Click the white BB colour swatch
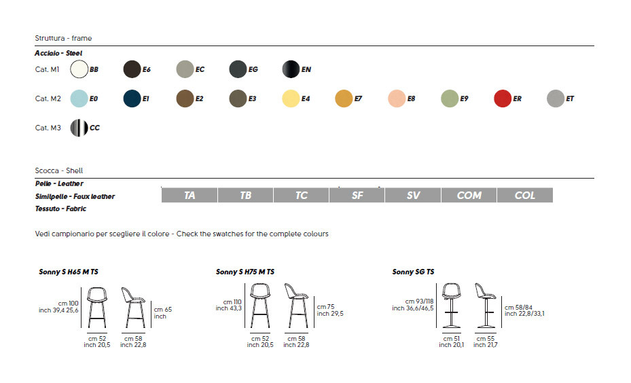coord(79,69)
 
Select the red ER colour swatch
coord(503,98)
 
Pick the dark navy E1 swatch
coord(132,98)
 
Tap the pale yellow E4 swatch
coord(291,98)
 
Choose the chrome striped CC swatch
coord(79,128)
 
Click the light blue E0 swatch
coord(79,98)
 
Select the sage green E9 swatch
coord(450,98)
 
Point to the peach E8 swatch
coord(397,98)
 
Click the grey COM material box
coord(469,195)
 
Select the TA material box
coord(190,195)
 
